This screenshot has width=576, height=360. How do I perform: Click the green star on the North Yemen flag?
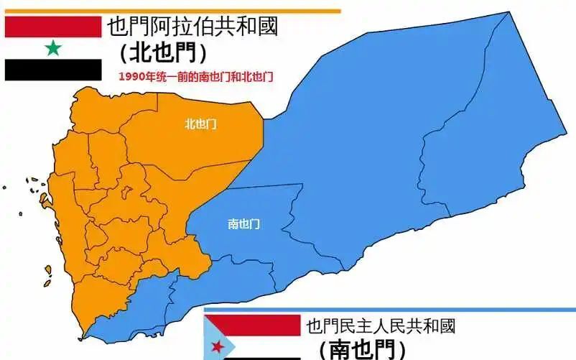click(52, 48)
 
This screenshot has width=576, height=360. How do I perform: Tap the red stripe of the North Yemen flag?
click(52, 27)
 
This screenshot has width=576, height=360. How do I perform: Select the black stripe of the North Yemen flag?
click(52, 70)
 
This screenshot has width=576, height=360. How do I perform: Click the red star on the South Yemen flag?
click(217, 347)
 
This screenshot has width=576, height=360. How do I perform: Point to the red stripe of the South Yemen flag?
click(251, 325)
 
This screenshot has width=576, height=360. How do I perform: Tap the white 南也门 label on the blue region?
click(243, 224)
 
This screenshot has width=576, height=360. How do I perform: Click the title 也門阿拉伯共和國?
click(192, 28)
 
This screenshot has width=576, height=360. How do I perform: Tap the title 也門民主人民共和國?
click(381, 326)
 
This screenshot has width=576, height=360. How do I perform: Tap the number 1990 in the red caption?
click(131, 75)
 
